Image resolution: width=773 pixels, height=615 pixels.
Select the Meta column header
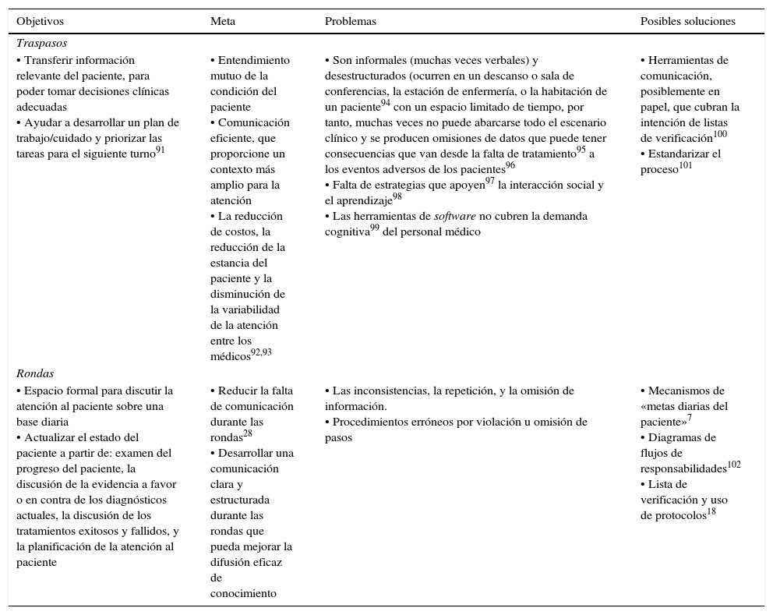pos(223,22)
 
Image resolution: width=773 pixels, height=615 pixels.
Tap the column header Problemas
pos(350,22)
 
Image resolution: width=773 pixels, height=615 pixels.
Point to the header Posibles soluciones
pos(687,22)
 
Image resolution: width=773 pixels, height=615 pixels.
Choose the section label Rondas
pos(35,374)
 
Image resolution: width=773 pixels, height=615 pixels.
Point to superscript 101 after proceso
pos(686,165)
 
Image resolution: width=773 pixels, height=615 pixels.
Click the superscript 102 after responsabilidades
pos(733,465)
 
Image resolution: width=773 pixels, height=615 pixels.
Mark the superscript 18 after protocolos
pos(711,512)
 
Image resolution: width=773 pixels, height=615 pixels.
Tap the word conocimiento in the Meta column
pos(243,594)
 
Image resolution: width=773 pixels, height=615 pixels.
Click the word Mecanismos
pos(687,391)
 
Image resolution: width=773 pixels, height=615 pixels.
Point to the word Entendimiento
pos(253,61)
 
